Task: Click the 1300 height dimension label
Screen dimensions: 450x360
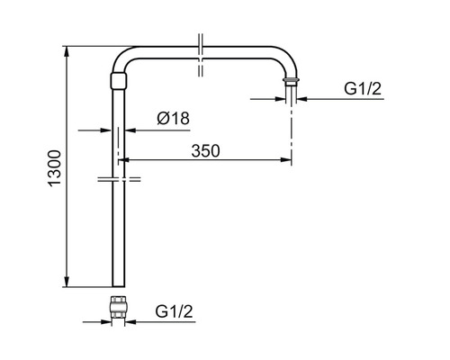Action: click(55, 168)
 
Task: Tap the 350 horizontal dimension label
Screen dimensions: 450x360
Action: click(205, 151)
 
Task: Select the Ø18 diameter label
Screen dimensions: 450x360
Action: click(173, 118)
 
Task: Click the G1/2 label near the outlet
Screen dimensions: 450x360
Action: click(363, 89)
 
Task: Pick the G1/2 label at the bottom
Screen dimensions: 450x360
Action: click(174, 311)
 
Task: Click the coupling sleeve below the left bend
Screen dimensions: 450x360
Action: click(119, 81)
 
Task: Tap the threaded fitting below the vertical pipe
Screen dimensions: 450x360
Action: click(119, 306)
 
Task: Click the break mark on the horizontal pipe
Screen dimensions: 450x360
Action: click(201, 55)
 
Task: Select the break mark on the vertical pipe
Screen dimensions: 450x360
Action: click(119, 179)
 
